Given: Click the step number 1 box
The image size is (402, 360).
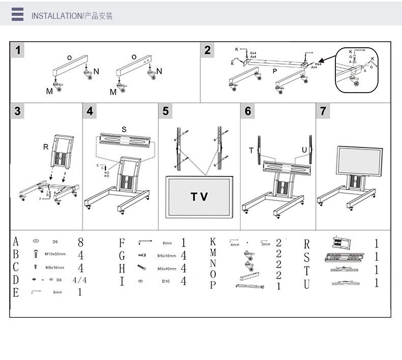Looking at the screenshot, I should (x=18, y=50).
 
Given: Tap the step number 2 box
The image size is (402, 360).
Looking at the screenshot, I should (x=207, y=50).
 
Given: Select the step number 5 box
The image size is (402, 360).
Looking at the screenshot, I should (x=166, y=111).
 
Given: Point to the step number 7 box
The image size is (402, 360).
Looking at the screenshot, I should (x=323, y=111).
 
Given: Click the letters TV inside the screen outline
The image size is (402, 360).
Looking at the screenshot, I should (x=199, y=197).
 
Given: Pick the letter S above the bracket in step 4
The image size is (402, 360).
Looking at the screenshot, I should (x=124, y=129).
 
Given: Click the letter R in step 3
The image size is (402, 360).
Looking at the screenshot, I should (x=46, y=147).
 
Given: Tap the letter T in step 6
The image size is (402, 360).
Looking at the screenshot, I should (x=251, y=151).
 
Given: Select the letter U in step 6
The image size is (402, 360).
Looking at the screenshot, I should (x=304, y=150).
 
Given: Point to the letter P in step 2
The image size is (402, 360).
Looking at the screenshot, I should (x=274, y=71).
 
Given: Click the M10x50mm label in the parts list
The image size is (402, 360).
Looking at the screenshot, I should (x=55, y=254).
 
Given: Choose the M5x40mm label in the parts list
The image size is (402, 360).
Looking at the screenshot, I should (x=166, y=268).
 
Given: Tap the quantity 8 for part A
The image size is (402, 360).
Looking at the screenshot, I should (x=80, y=242).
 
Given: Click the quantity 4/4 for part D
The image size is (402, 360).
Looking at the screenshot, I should (x=80, y=280).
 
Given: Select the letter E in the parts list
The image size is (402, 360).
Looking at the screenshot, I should (x=16, y=293).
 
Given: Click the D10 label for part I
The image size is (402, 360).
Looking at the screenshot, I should (x=166, y=281).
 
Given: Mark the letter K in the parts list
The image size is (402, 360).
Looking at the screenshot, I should (x=213, y=242).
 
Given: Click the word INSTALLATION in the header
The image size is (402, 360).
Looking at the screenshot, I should (x=55, y=16).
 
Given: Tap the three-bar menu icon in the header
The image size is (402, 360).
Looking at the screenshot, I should (x=18, y=15).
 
